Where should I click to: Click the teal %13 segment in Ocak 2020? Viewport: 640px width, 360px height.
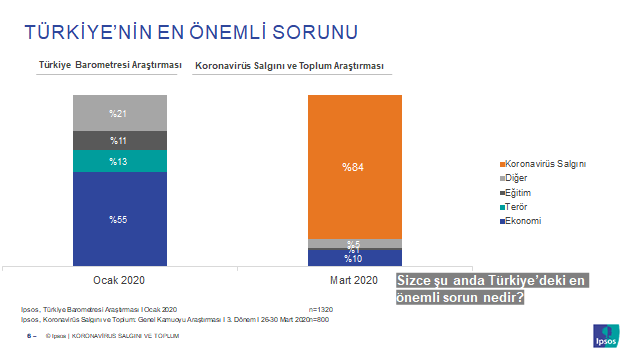pos(119,161)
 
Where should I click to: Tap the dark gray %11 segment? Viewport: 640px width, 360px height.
pos(119,140)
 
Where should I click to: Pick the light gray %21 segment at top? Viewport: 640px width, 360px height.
pos(119,113)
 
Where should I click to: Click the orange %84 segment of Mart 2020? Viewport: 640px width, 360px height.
pos(354,167)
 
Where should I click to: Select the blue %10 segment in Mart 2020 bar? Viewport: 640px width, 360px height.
pos(354,258)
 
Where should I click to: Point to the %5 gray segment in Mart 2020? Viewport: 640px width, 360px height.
pos(354,243)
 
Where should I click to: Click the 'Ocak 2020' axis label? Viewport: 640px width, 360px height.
pos(119,280)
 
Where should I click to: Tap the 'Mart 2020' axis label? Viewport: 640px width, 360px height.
pos(354,280)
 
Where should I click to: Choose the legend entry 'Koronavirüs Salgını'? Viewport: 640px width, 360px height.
pos(544,163)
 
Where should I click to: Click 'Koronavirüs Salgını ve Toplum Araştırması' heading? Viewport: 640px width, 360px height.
pos(291,65)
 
